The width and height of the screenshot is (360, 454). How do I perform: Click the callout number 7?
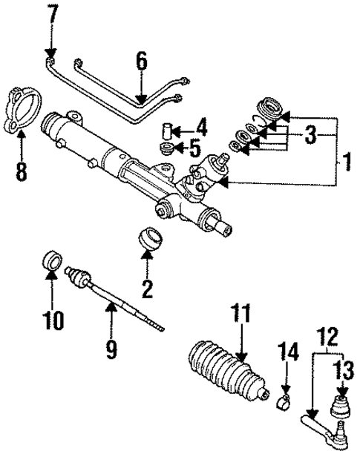51,13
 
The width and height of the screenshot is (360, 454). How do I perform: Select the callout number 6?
140,60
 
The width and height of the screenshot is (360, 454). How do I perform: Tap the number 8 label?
21,172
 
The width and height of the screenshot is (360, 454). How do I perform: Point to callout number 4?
202,125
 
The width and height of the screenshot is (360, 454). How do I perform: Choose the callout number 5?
195,149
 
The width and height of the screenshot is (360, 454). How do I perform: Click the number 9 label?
111,347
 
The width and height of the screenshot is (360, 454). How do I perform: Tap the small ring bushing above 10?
51,261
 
